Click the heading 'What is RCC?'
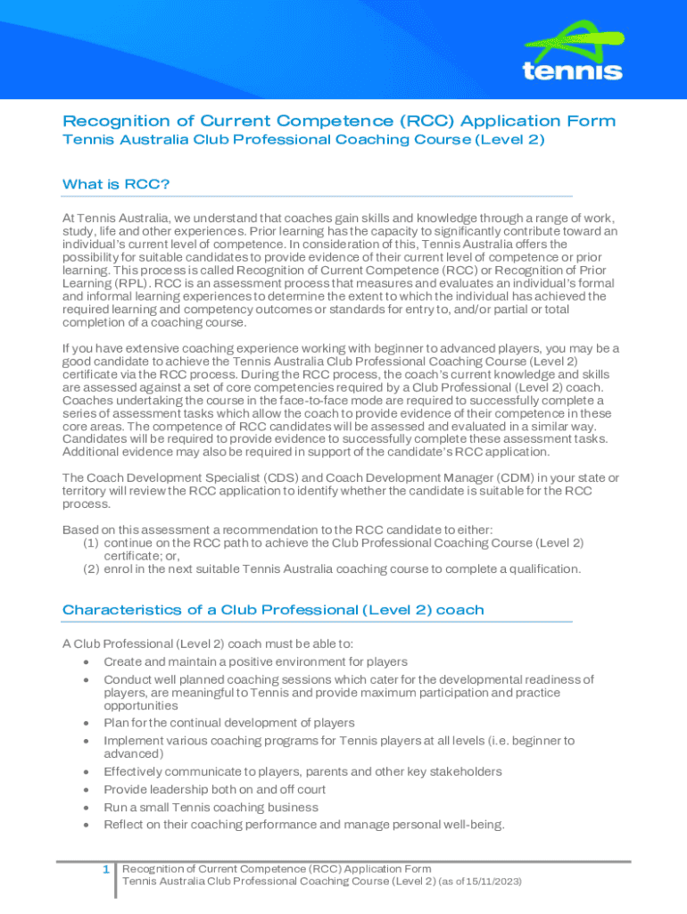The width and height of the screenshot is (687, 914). coord(116,185)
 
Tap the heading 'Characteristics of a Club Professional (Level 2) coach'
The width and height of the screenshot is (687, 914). coord(273,611)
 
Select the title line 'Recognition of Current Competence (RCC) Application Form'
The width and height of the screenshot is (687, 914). coord(339,121)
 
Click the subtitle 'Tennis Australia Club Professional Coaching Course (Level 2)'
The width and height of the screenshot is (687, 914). coord(303,140)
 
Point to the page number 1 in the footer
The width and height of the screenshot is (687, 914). coord(105,869)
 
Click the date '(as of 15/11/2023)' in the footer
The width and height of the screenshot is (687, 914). coord(480,881)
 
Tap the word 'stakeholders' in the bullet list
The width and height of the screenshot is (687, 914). coord(464,771)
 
